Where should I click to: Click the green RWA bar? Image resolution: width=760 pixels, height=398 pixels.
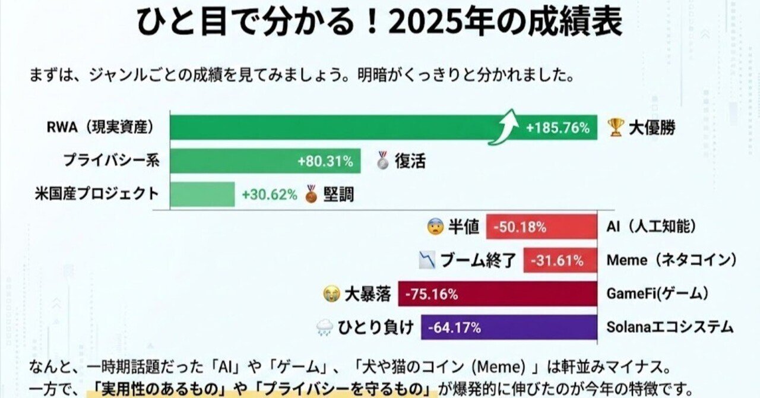pos(332,127)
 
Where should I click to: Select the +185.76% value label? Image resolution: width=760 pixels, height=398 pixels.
pos(558,128)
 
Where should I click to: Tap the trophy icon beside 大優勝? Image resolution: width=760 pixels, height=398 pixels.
pos(616,127)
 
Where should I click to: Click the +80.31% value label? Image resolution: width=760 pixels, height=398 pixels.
pos(325,161)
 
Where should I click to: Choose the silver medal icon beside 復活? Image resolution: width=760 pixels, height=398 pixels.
pos(383,160)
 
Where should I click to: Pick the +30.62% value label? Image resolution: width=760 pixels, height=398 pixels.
pos(269,194)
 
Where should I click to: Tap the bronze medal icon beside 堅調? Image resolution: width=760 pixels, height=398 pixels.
pos(311,194)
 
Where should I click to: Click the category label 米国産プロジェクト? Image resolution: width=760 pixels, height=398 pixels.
pos(103,194)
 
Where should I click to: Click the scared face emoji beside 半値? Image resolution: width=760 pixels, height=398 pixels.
pos(435,227)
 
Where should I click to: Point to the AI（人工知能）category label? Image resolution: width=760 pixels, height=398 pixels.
pos(651,227)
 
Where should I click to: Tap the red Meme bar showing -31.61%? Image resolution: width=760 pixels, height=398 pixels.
pos(560,260)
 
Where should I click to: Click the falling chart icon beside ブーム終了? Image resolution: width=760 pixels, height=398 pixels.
pos(427,260)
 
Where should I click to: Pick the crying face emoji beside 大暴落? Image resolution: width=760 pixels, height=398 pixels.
pos(331,293)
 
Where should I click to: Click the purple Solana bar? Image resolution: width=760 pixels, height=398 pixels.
pos(509,327)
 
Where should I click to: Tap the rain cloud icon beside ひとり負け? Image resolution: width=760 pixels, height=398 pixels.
pos(325,327)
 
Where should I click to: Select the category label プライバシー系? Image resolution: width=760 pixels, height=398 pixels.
pos(112,160)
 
